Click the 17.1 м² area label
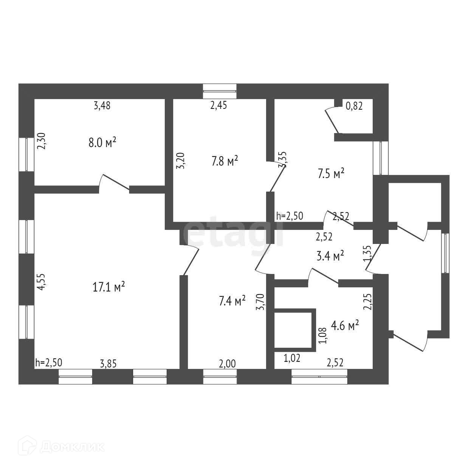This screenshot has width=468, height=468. click(108, 287)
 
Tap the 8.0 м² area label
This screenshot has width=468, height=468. click(102, 143)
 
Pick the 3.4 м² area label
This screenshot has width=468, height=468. click(330, 256)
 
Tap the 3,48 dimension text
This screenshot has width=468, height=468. click(102, 106)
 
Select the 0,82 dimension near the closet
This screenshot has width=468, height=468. click(354, 106)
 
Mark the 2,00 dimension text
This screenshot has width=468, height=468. click(227, 364)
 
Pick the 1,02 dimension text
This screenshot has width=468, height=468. click(292, 358)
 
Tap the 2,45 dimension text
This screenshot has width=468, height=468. click(219, 106)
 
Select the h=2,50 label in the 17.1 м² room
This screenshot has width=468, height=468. click(48, 363)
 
